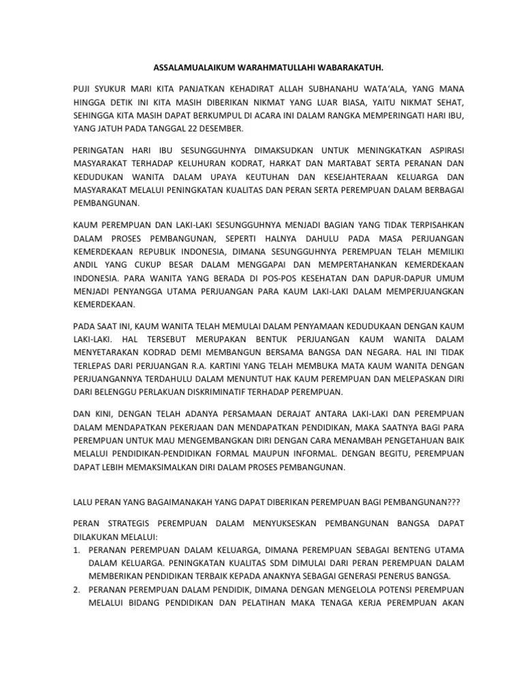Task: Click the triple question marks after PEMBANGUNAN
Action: tap(451, 502)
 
